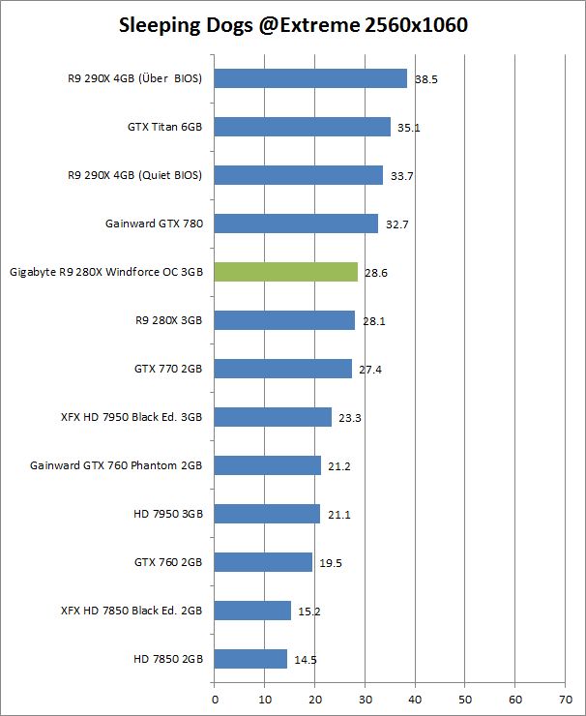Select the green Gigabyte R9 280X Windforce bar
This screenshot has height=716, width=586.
285,272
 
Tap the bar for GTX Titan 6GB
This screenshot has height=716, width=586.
302,127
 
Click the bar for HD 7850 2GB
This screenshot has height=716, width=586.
250,659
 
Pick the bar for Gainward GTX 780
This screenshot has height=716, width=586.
296,224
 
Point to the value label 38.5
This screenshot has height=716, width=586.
426,79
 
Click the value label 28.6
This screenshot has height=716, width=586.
377,273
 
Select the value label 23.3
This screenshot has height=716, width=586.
350,418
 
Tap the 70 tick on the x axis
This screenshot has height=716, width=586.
565,696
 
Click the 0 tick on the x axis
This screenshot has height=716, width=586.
214,696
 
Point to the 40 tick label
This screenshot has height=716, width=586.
415,696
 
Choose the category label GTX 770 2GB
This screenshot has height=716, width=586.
168,369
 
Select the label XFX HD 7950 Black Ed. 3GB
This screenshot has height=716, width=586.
132,417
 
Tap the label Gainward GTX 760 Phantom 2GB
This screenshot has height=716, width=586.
117,465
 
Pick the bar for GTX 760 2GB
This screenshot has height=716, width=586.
263,562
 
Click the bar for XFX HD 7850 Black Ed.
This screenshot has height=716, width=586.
252,611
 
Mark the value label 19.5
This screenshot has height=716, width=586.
332,563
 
